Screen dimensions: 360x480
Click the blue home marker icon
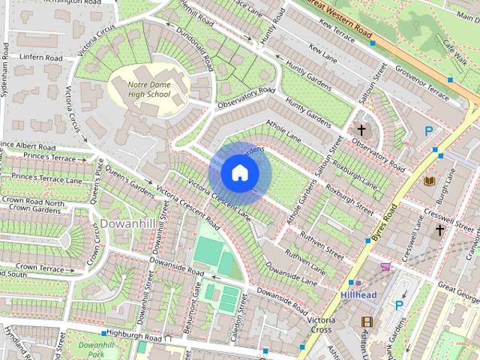coord(239,172)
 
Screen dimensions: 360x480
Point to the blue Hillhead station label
coord(358,295)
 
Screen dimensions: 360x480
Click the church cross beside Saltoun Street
coord(361,130)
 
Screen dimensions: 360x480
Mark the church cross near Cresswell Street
coord(439,229)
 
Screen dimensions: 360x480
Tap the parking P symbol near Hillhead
coord(400,305)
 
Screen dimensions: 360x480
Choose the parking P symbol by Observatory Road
coord(428,131)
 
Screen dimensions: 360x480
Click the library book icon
coord(429,181)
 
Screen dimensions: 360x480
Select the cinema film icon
coord(366,322)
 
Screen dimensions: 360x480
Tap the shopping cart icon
coord(385,265)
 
